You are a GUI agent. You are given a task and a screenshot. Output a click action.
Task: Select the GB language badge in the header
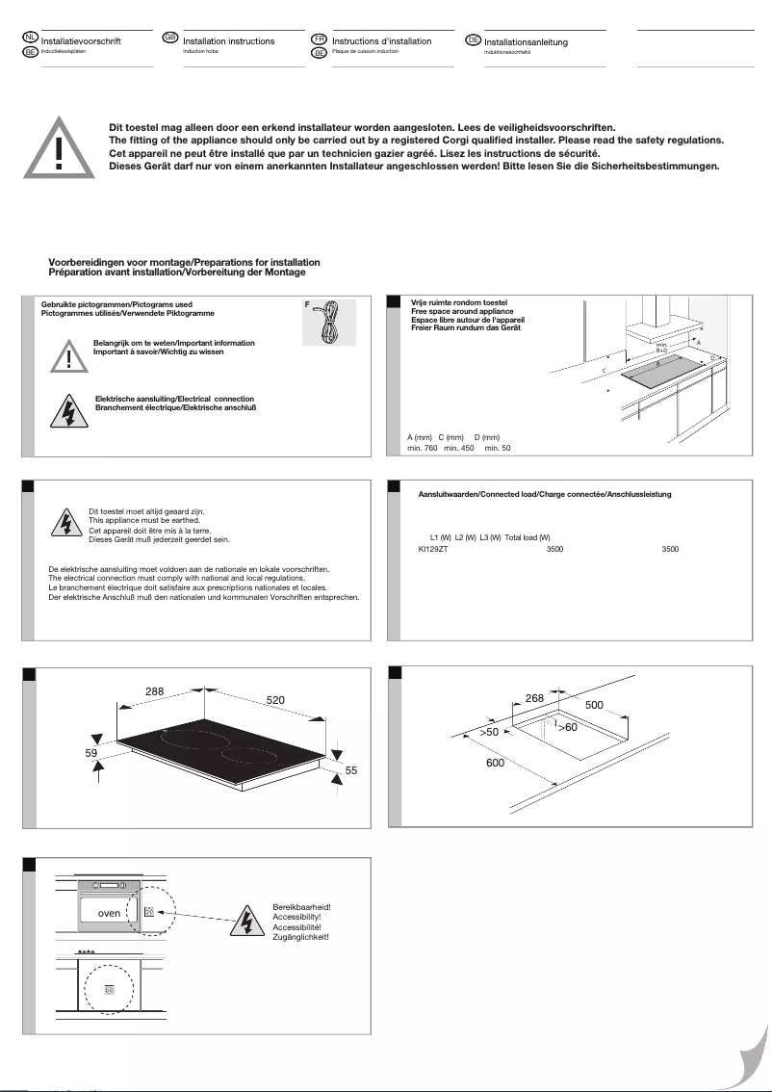click(170, 38)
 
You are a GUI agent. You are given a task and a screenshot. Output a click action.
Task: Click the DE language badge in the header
click(473, 39)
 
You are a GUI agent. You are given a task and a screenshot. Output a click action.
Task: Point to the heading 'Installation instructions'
click(228, 41)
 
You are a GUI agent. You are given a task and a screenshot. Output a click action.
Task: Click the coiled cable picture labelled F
click(328, 322)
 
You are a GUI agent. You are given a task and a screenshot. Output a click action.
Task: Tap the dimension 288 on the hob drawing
click(154, 691)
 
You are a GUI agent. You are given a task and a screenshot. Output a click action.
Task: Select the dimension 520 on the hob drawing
click(276, 699)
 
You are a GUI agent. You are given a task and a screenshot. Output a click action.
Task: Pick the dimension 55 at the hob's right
click(350, 770)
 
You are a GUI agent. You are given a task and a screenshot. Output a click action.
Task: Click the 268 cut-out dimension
click(535, 697)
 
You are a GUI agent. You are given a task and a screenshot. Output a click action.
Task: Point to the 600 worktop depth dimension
click(495, 763)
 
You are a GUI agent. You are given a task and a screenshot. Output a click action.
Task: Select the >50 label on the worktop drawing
click(490, 734)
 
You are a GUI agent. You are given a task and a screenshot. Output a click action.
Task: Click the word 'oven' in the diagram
click(109, 912)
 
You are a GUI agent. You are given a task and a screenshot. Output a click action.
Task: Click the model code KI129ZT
click(421, 549)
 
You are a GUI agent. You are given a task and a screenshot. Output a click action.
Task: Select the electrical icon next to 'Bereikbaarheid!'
click(245, 922)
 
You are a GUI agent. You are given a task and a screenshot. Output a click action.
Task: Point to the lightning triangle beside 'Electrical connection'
click(68, 411)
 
